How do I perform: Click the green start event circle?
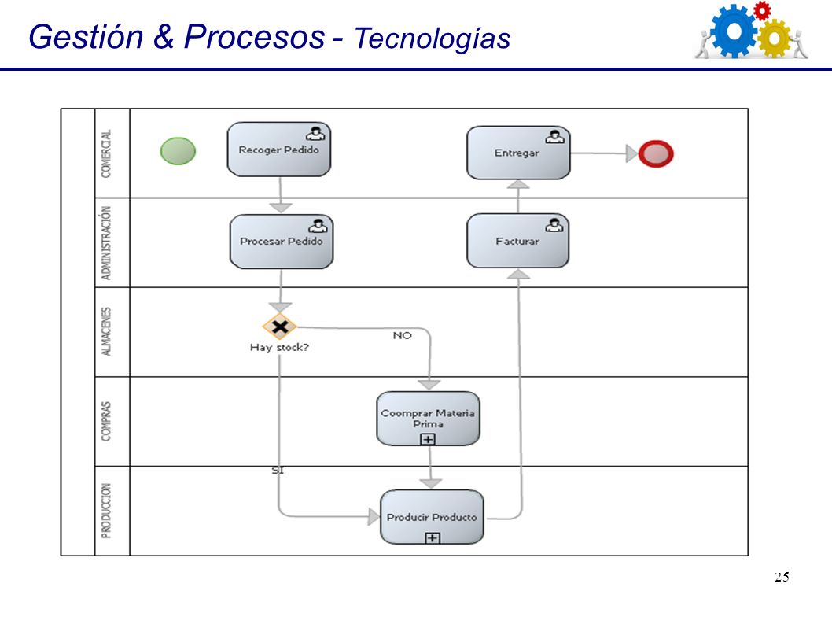point(178,151)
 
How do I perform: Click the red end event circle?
point(656,153)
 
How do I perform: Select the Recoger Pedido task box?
point(279,150)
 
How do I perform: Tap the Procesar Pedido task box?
point(282,242)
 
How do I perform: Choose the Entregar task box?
point(518,153)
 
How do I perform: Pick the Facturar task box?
point(518,241)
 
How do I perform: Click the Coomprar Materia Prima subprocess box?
point(429,419)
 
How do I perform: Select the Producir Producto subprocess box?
point(432,517)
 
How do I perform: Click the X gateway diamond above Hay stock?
point(280,326)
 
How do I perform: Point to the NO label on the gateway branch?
point(402,336)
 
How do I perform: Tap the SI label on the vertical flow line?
point(278,470)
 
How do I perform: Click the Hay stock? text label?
point(279,347)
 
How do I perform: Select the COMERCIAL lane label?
point(106,153)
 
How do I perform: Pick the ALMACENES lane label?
point(106,331)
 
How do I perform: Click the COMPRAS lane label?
point(106,421)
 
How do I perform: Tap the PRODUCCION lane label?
point(106,511)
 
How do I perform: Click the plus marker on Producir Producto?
point(433,538)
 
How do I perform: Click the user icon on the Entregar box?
point(554,137)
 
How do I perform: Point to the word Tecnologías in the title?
point(433,39)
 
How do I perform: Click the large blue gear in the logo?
point(734,31)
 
